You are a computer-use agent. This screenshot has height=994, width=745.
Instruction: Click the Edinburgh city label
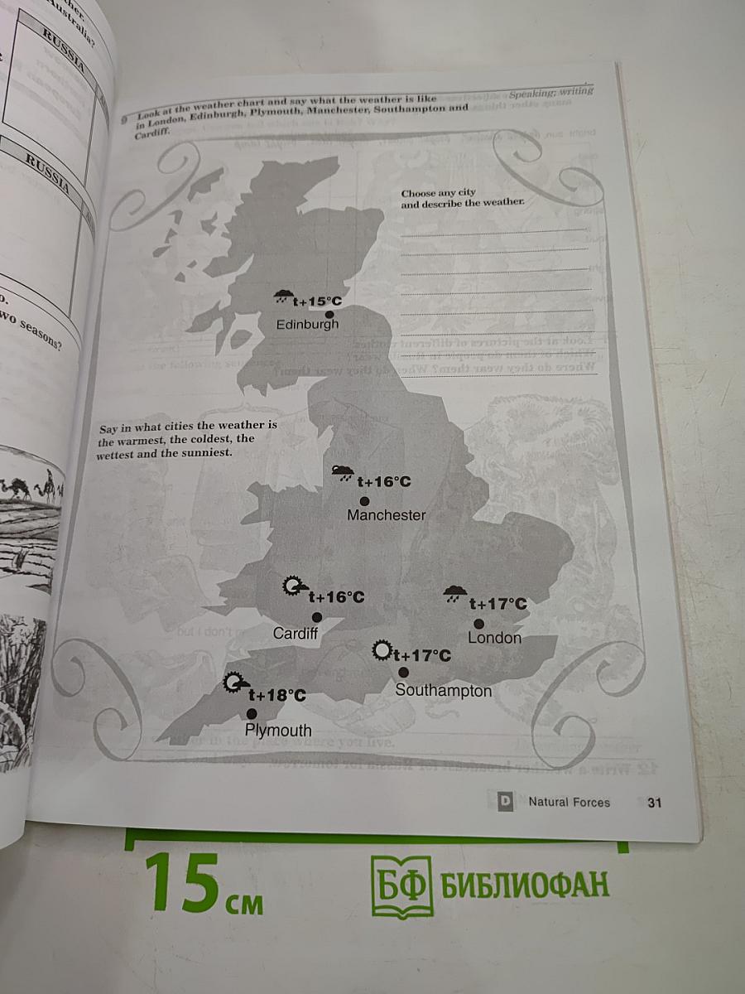[307, 325]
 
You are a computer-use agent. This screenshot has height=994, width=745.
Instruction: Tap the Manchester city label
[387, 515]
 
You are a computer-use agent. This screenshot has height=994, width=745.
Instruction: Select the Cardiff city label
[296, 634]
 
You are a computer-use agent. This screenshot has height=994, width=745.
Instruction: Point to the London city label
[494, 638]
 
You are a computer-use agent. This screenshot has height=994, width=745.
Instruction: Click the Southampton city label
[443, 690]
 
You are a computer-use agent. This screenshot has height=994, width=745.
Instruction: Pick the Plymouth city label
[278, 731]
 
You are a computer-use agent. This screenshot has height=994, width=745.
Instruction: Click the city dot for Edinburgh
[329, 315]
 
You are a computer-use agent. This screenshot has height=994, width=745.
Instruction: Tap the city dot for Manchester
[364, 501]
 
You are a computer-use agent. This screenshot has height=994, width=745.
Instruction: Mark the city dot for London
[478, 623]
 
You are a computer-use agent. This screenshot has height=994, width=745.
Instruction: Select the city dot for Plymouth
[251, 713]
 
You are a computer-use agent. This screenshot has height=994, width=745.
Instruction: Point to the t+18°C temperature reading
[277, 696]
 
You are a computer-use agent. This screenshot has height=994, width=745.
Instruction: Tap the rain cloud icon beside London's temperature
[453, 594]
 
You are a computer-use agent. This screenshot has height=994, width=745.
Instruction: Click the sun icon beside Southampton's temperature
[382, 651]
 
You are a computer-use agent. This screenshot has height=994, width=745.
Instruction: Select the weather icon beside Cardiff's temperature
[293, 587]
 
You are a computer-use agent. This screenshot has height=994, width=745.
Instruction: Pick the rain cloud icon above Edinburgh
[283, 297]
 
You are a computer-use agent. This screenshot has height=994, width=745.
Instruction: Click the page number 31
[655, 802]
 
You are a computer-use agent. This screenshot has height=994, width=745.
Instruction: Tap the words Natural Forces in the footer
[569, 802]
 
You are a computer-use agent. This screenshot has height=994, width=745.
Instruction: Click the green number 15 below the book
[182, 882]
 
